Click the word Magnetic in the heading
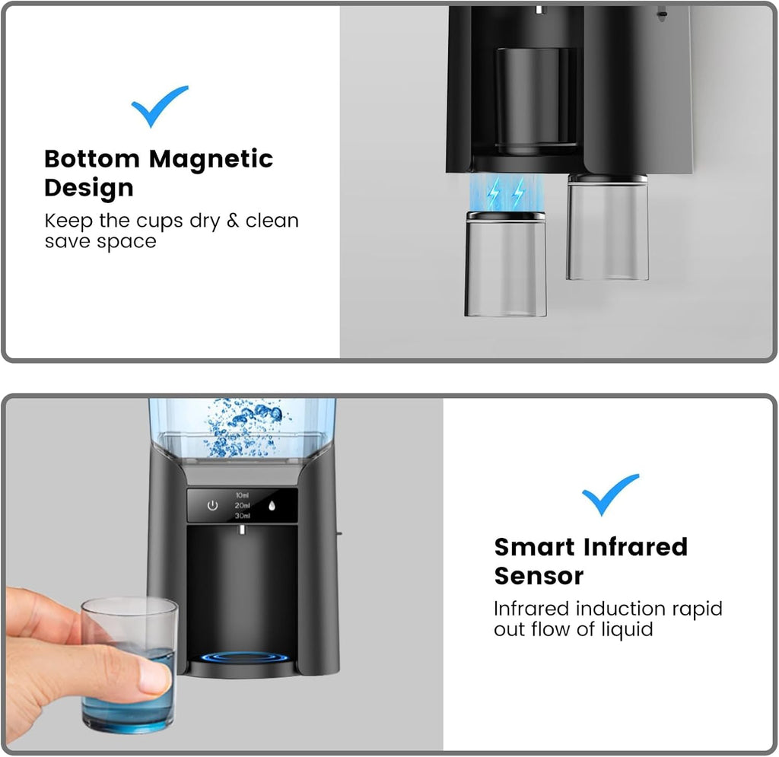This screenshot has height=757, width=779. coord(211,160)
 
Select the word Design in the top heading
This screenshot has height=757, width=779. coord(89,188)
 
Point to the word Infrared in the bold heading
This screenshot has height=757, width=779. coord(635,547)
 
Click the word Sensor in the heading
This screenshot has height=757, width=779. coord(539,576)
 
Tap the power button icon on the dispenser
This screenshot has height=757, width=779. coord(213,506)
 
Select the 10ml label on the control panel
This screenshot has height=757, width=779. coord(242,495)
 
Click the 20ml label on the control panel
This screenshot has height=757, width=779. coord(242,505)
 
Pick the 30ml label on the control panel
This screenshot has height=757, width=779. coord(242,516)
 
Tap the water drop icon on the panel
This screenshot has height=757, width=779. coord(272,506)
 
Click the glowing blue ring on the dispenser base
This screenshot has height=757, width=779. coord(244,658)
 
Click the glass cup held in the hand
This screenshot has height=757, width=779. coord(129,665)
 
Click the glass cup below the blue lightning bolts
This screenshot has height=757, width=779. coord(505,264)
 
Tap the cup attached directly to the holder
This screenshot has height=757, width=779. coord(608,227)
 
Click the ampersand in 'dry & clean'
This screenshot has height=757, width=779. coord(233,221)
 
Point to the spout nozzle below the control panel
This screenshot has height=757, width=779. coord(242,530)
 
